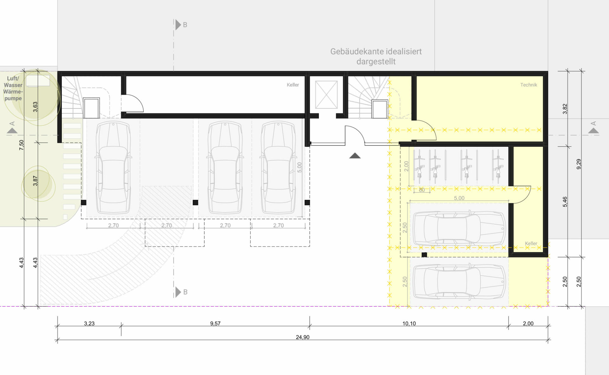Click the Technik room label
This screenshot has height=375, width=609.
(x=528, y=85)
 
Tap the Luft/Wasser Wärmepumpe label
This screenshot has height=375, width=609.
(x=13, y=88)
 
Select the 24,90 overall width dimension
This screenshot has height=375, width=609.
(x=302, y=337)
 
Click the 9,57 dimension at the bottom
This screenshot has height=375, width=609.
(x=215, y=323)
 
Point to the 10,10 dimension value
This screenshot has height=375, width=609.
(x=409, y=323)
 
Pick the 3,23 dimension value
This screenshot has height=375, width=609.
(x=89, y=323)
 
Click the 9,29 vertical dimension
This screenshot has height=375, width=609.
(x=579, y=164)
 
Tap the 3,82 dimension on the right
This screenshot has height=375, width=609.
(x=565, y=109)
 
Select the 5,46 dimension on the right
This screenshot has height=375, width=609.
(x=565, y=202)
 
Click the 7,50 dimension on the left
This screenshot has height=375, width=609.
(x=21, y=145)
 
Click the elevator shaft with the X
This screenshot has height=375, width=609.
(x=326, y=95)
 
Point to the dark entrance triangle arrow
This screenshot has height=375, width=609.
(x=355, y=155)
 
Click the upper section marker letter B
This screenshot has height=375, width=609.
(x=185, y=25)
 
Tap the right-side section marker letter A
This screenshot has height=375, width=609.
(x=593, y=123)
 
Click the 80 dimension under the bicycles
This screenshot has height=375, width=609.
(x=422, y=190)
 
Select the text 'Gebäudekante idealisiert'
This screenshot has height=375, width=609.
(x=376, y=51)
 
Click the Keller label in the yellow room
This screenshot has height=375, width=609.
(x=531, y=243)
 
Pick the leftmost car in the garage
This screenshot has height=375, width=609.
(x=113, y=167)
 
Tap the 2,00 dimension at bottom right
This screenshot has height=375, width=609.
(x=528, y=323)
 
